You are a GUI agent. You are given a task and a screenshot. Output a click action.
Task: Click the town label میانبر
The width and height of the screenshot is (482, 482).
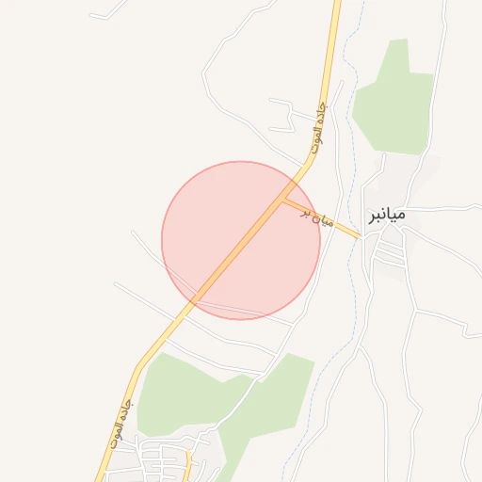(x=386, y=215)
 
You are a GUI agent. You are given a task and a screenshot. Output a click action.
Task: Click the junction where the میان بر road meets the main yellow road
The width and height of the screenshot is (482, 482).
(x=284, y=199)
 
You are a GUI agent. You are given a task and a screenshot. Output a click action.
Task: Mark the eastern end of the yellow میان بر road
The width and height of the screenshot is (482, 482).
(x=359, y=236)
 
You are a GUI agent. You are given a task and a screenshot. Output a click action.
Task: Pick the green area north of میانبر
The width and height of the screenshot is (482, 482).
(x=395, y=99)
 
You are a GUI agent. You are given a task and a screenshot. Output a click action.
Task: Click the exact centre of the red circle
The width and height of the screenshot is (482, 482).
(x=241, y=240)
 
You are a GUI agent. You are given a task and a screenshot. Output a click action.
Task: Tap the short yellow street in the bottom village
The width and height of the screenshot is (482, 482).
(x=188, y=461)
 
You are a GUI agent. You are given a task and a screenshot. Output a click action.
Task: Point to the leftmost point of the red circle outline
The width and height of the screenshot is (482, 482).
(x=162, y=240)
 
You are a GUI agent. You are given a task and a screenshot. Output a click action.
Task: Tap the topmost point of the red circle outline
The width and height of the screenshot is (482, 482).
(x=241, y=161)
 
